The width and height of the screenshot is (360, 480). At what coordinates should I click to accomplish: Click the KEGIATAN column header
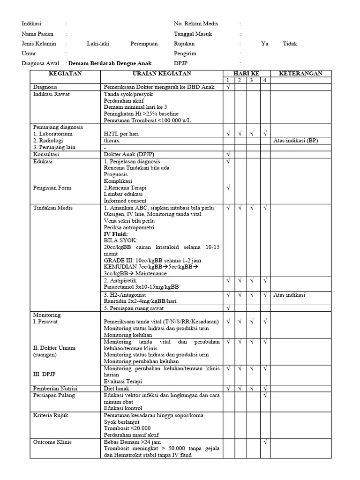point(65,74)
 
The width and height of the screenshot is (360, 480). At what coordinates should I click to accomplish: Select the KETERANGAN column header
point(300,74)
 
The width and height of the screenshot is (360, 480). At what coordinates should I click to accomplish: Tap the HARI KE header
point(247,74)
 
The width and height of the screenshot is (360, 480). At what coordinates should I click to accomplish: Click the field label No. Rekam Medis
point(196,23)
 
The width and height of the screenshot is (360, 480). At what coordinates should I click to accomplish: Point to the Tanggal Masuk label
point(193,34)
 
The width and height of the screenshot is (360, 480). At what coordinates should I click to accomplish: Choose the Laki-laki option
point(98,44)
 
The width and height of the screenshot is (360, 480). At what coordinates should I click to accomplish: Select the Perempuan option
point(144,44)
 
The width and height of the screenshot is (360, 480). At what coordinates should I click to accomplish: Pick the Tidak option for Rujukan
point(290,44)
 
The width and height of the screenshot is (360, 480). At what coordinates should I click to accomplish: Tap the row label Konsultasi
point(46,154)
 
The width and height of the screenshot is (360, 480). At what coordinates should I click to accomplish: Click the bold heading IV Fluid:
point(116,233)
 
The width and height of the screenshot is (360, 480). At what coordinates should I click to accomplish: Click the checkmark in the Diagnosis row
point(228,87)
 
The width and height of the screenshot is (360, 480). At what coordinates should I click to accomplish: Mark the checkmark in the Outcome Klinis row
point(265,442)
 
